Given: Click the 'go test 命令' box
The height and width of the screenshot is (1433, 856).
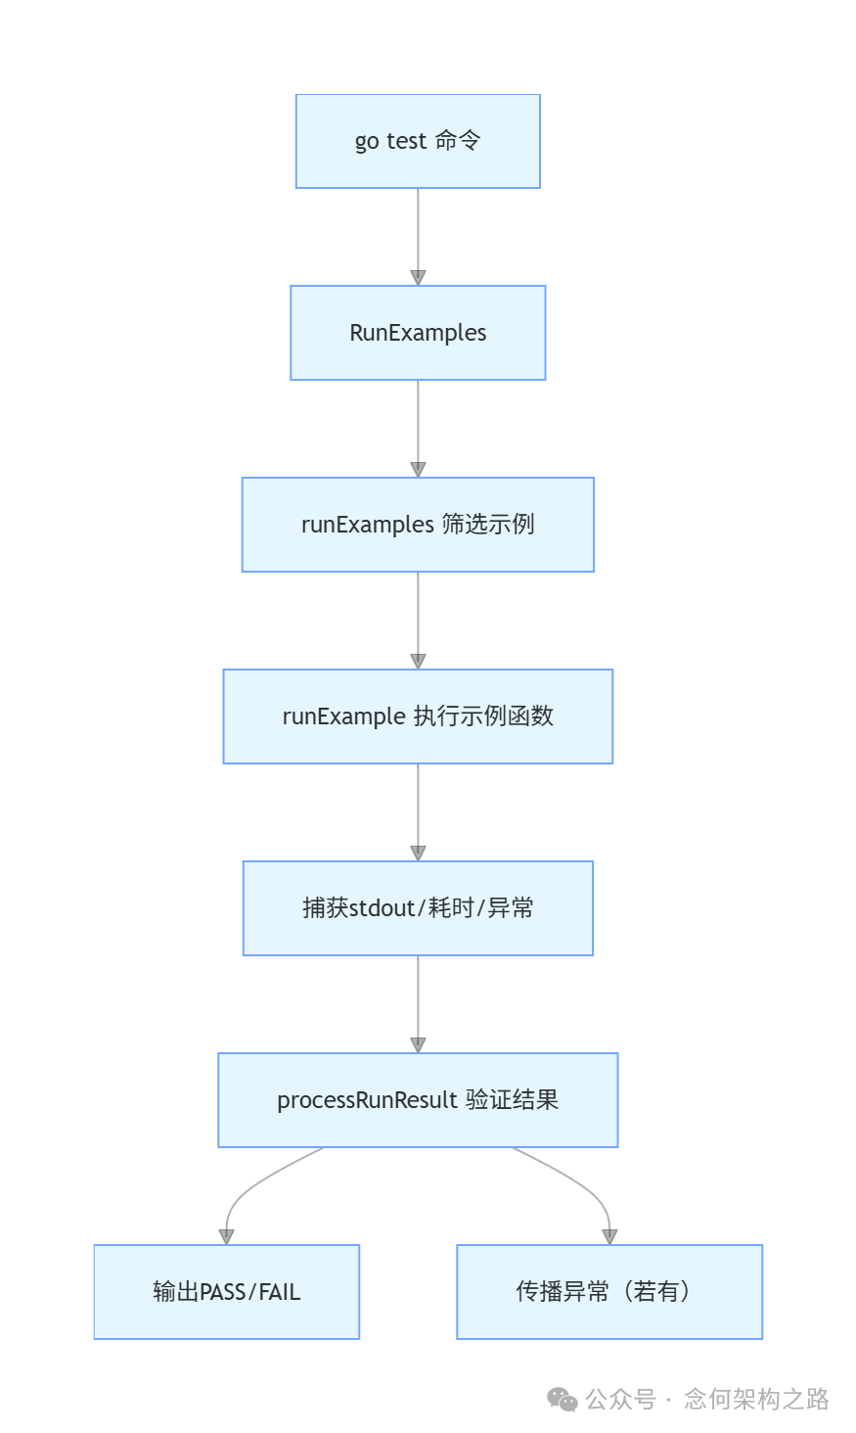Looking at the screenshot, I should [x=418, y=141].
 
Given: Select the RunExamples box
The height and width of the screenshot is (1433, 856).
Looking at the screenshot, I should [x=418, y=333].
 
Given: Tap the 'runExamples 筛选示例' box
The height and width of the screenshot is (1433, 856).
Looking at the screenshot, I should [x=418, y=525].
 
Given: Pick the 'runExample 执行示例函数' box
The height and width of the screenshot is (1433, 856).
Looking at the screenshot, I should [x=418, y=716].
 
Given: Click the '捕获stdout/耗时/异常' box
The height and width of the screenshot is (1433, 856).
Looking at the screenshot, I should [x=418, y=908].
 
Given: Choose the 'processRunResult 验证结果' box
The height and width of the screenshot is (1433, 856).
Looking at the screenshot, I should [x=418, y=1100].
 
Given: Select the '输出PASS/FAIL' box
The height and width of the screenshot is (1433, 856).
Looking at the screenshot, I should [x=226, y=1292].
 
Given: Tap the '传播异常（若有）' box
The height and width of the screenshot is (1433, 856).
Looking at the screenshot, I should [x=608, y=1292].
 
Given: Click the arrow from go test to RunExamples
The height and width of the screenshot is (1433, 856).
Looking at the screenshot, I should [x=418, y=236].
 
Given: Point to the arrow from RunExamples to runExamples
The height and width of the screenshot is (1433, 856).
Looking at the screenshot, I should [x=418, y=428].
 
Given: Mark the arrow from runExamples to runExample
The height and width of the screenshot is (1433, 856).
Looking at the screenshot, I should [x=418, y=620].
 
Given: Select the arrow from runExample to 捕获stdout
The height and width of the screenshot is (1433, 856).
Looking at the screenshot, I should [x=418, y=811].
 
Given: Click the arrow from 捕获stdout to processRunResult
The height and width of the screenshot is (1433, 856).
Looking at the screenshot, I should [x=418, y=1003].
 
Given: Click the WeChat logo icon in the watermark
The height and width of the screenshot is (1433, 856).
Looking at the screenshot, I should [x=563, y=1400].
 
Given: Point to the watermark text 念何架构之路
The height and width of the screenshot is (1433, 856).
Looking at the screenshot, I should [x=756, y=1400].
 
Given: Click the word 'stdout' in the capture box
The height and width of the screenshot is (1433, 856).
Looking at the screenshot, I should [x=383, y=908].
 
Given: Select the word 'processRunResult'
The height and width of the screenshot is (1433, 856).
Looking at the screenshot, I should [x=367, y=1100].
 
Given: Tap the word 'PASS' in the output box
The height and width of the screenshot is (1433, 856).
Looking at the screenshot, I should [x=223, y=1292].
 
